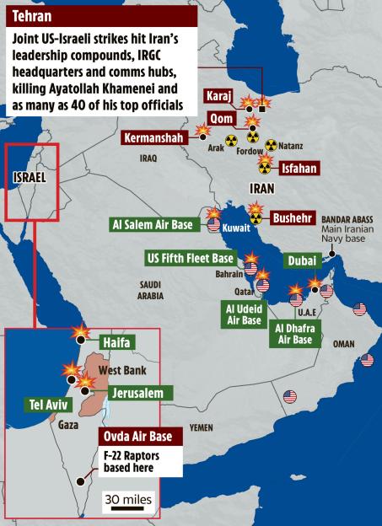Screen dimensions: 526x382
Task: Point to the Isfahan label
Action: click(x=298, y=169)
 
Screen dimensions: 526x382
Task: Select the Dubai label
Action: click(x=304, y=260)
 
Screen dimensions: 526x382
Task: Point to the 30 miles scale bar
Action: click(x=128, y=502)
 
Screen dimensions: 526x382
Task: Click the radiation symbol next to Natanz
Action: click(x=271, y=145)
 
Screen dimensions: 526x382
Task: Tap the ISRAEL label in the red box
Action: click(x=30, y=177)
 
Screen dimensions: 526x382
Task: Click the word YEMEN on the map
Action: click(x=201, y=427)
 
